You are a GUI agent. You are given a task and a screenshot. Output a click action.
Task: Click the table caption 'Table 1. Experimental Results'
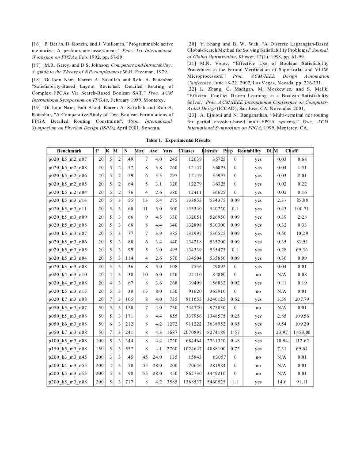tap(180, 140)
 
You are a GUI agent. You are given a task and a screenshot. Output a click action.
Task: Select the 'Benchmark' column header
tap(69, 151)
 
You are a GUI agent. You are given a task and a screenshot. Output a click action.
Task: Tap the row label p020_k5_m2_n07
tap(68, 159)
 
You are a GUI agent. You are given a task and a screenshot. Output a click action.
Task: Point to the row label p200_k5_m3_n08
tap(68, 382)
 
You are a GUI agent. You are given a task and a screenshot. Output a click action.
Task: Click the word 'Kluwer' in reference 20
tap(249, 57)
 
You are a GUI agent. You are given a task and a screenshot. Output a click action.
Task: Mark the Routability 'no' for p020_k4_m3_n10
tap(258, 274)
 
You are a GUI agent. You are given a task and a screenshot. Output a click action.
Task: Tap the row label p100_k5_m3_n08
tap(68, 341)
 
